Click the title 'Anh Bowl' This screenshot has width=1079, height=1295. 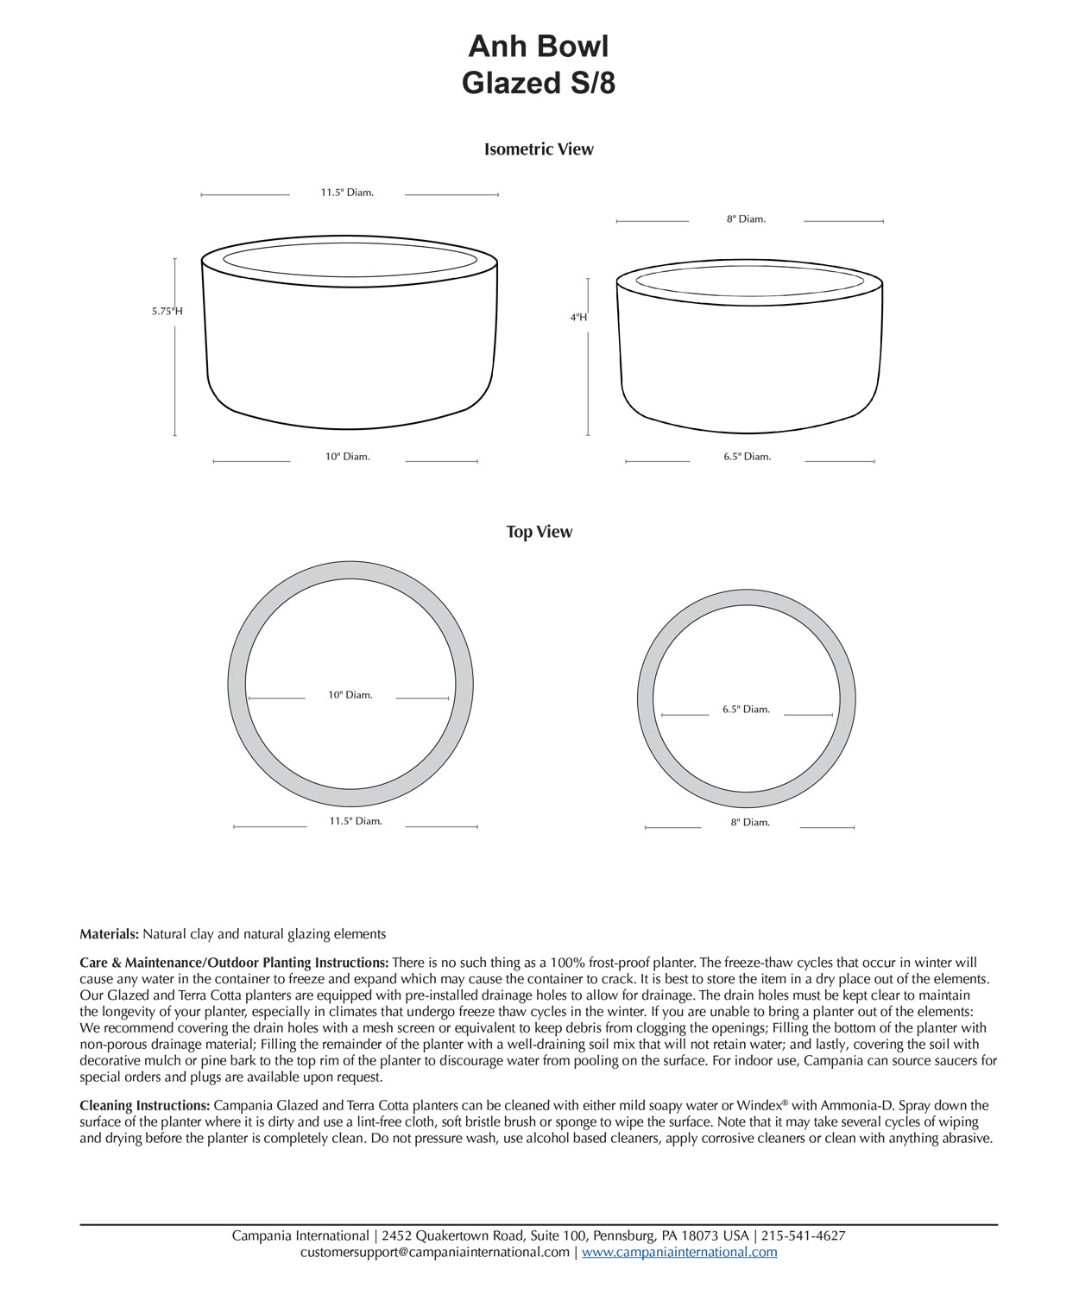(538, 46)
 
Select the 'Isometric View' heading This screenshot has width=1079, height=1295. (539, 149)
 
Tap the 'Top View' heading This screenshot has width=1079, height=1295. (539, 532)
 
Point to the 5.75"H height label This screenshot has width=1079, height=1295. (167, 311)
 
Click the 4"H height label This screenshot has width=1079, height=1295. (578, 317)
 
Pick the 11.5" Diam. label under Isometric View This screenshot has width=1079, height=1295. (347, 193)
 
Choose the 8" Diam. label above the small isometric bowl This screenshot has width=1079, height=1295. (746, 219)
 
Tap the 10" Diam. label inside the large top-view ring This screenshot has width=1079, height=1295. (350, 695)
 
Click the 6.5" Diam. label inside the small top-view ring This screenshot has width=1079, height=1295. (746, 710)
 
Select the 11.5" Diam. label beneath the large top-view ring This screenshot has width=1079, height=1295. (355, 821)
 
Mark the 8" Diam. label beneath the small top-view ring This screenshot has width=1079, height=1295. (750, 823)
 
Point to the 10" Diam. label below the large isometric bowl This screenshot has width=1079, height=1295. (347, 457)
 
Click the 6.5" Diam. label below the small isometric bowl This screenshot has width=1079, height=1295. (747, 457)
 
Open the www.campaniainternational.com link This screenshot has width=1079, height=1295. (679, 1253)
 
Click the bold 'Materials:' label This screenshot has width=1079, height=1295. (109, 934)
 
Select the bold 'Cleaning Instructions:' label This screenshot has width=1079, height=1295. (144, 1106)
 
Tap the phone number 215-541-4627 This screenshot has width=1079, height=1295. (803, 1236)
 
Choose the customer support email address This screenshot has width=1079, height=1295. (435, 1253)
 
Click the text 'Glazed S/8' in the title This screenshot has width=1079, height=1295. (538, 83)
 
